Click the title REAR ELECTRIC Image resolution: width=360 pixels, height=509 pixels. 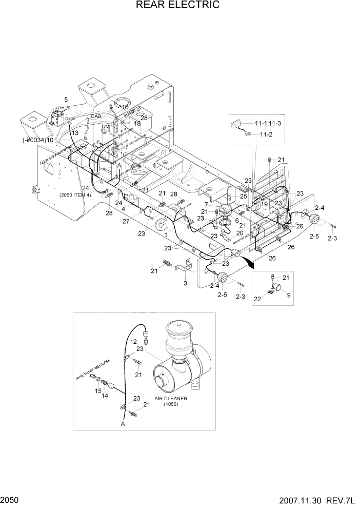[177, 6]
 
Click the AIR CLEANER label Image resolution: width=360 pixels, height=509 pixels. [171, 398]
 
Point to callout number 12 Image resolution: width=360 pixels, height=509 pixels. [132, 341]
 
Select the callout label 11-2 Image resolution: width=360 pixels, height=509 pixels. [265, 134]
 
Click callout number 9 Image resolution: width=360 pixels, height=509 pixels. [288, 295]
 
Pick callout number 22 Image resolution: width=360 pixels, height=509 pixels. [258, 299]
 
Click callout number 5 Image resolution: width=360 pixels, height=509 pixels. [66, 99]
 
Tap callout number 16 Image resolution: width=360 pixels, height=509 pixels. [125, 107]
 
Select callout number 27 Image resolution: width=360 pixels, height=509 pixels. [126, 221]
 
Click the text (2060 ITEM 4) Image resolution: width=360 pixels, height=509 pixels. [75, 195]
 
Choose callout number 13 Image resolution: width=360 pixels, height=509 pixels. [75, 133]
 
